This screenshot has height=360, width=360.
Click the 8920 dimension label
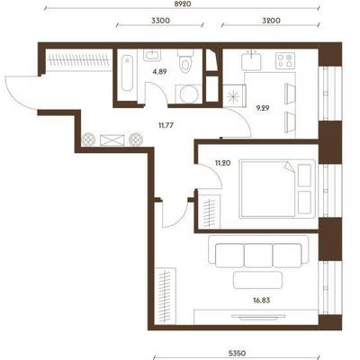click(182, 4)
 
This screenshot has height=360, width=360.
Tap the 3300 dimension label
click(160, 21)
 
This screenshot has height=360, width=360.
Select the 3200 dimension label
click(271, 21)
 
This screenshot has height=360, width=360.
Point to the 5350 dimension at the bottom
click(238, 353)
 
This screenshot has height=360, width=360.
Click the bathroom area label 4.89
click(159, 72)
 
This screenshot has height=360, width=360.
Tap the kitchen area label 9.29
click(263, 108)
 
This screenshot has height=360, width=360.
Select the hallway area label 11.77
click(166, 125)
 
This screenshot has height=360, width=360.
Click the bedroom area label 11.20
click(223, 163)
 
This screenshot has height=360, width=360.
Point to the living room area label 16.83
click(262, 301)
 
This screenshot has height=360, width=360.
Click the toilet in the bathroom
click(185, 61)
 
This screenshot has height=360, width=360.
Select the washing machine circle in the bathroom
click(189, 94)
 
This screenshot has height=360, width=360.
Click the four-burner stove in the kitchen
click(285, 60)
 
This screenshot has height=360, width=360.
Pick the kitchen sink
click(251, 60)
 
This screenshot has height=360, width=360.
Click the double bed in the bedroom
click(277, 188)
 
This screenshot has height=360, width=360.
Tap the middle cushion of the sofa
click(258, 256)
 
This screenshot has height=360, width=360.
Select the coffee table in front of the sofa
click(257, 281)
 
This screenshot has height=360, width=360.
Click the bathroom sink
click(152, 55)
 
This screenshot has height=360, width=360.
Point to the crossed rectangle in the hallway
click(112, 140)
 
